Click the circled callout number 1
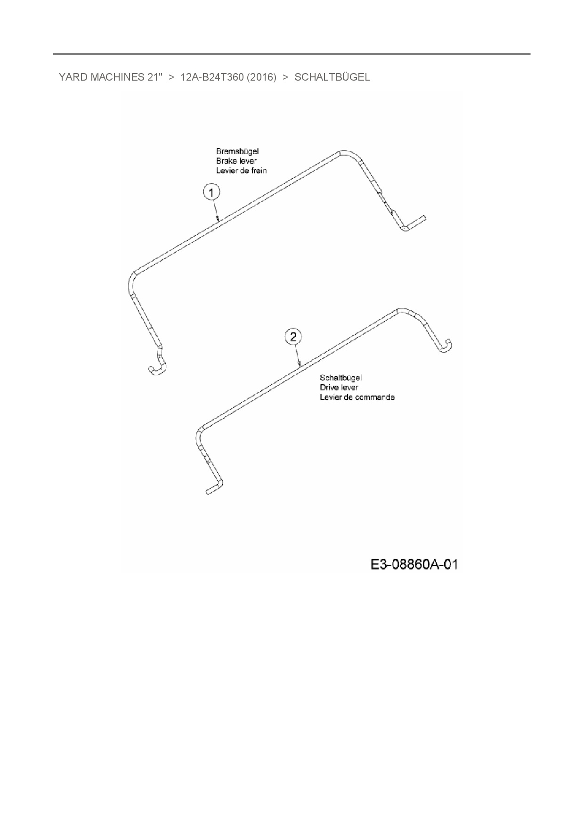[x=211, y=192]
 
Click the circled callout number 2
[x=293, y=337]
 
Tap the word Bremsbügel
[x=237, y=151]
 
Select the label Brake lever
[x=236, y=161]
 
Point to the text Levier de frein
[x=241, y=171]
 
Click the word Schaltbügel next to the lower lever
[x=341, y=378]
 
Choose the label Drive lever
[x=339, y=388]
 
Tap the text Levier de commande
[x=357, y=397]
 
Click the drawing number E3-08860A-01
[x=414, y=564]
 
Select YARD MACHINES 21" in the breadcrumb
[x=111, y=77]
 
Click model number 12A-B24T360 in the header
[x=212, y=77]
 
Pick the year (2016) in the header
[x=261, y=77]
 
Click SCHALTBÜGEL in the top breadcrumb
[x=332, y=77]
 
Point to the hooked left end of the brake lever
[x=157, y=368]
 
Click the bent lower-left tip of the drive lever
[x=213, y=488]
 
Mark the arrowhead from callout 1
[x=218, y=219]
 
